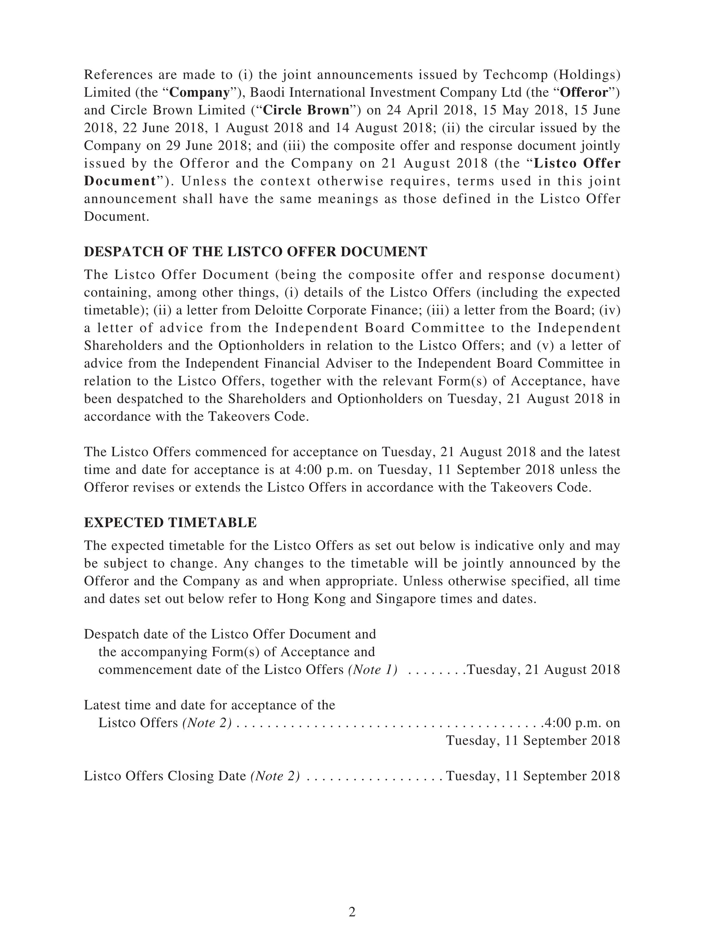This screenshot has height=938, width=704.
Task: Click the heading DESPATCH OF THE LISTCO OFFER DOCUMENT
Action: (x=255, y=252)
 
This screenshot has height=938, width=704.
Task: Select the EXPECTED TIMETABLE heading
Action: (x=170, y=522)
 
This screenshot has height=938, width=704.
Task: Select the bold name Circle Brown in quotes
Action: (x=306, y=110)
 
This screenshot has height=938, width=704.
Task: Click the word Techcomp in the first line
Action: (x=514, y=75)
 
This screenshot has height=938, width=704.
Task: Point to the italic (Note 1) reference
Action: (x=373, y=670)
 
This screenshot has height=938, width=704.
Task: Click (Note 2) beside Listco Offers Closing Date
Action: (x=275, y=775)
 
